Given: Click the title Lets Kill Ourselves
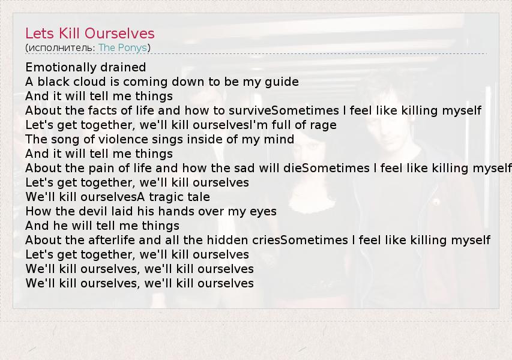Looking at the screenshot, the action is click(90, 33).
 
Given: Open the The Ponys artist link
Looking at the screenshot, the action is click(123, 47).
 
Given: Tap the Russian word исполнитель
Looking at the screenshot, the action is click(61, 48).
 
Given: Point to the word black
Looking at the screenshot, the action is click(53, 82).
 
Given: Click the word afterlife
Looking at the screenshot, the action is click(112, 240).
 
